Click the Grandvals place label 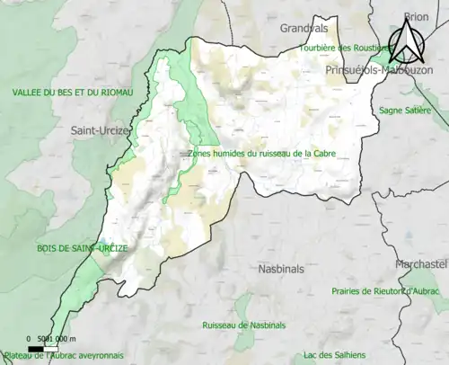point(304,28)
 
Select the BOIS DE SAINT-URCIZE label point(54,247)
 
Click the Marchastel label point(421,263)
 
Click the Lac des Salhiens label point(332,355)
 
